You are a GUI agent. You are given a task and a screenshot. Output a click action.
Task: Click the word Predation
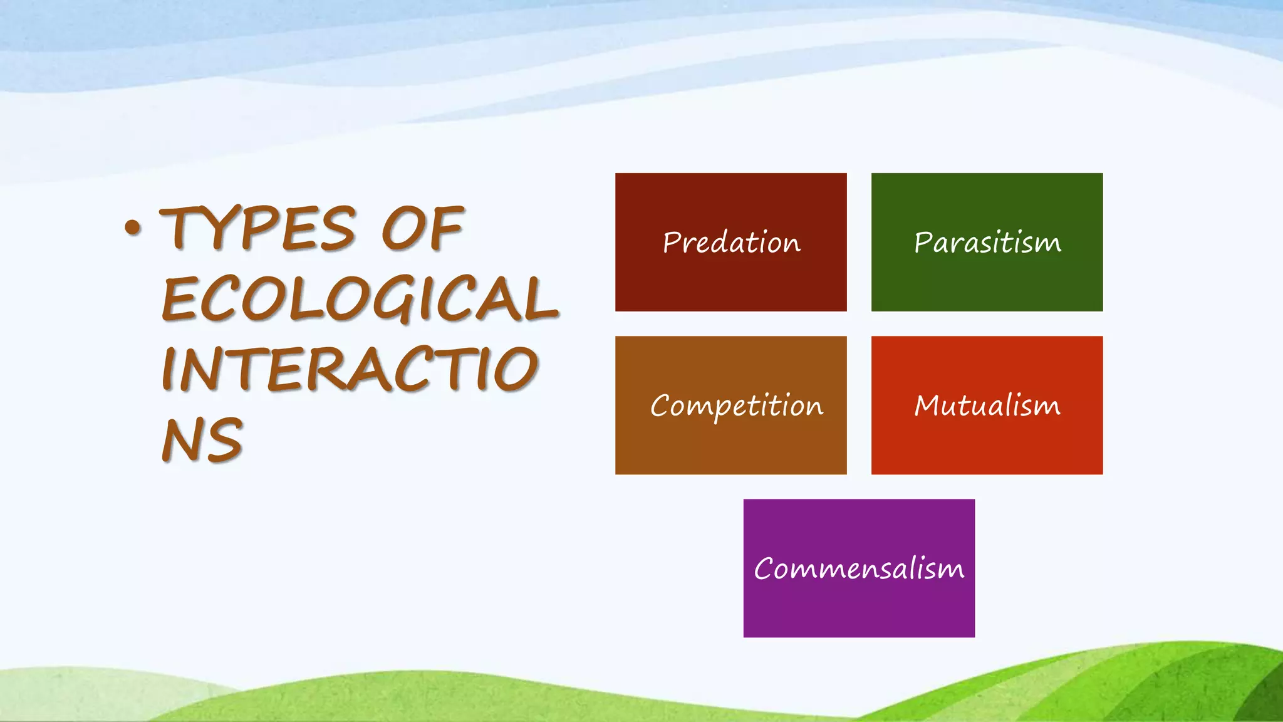[731, 243]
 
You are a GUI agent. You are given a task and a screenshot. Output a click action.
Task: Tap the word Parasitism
[987, 243]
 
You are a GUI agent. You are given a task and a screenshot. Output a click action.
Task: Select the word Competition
[736, 406]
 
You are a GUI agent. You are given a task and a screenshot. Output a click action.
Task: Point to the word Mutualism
[987, 405]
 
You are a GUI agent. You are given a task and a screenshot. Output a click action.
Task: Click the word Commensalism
[859, 569]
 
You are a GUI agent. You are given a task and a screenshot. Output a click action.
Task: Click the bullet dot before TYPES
[132, 229]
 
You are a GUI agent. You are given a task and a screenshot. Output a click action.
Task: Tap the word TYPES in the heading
[258, 228]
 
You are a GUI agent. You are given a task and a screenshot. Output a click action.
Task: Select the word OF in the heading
[423, 228]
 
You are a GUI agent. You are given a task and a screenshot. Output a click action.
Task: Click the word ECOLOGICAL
[360, 299]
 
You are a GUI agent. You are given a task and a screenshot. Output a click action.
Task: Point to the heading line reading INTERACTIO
[350, 369]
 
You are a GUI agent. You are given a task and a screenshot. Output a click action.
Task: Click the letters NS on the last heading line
[202, 440]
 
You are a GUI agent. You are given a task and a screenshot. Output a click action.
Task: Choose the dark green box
[987, 282]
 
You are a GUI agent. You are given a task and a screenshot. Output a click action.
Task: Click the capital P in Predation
[672, 242]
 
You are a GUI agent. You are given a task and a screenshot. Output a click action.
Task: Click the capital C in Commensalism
[766, 569]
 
